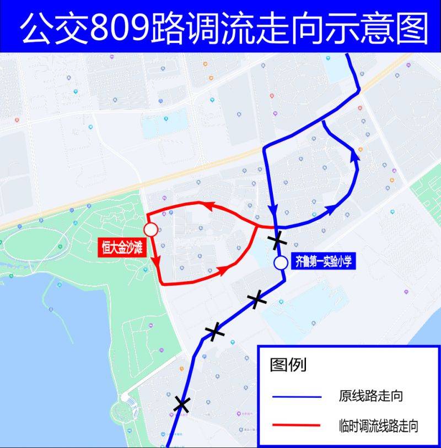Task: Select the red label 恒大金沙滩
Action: click(121, 248)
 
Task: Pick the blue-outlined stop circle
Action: click(281, 263)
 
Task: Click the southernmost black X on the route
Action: click(181, 405)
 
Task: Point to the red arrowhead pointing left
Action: click(207, 205)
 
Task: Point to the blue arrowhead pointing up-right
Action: click(332, 208)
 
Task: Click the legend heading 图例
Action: click(288, 364)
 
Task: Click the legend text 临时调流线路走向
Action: click(378, 425)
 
